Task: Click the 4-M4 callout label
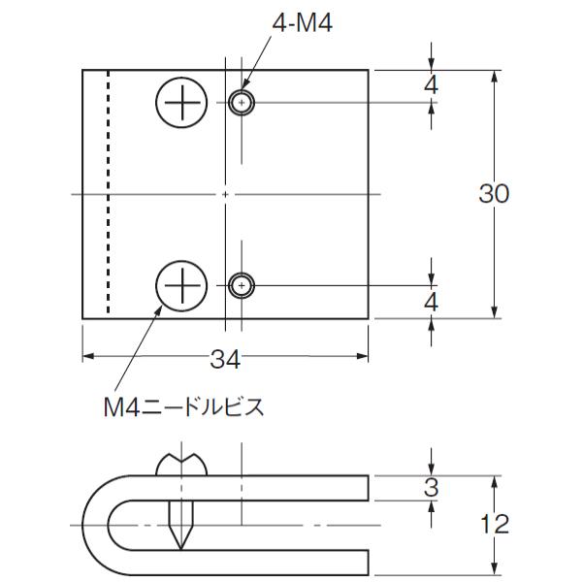(302, 23)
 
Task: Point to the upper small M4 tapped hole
(242, 103)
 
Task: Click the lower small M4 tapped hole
(242, 286)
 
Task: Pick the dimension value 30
(494, 193)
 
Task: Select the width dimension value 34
(225, 359)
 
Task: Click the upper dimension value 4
(431, 85)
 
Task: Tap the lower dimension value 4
(431, 303)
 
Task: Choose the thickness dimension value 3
(432, 487)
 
